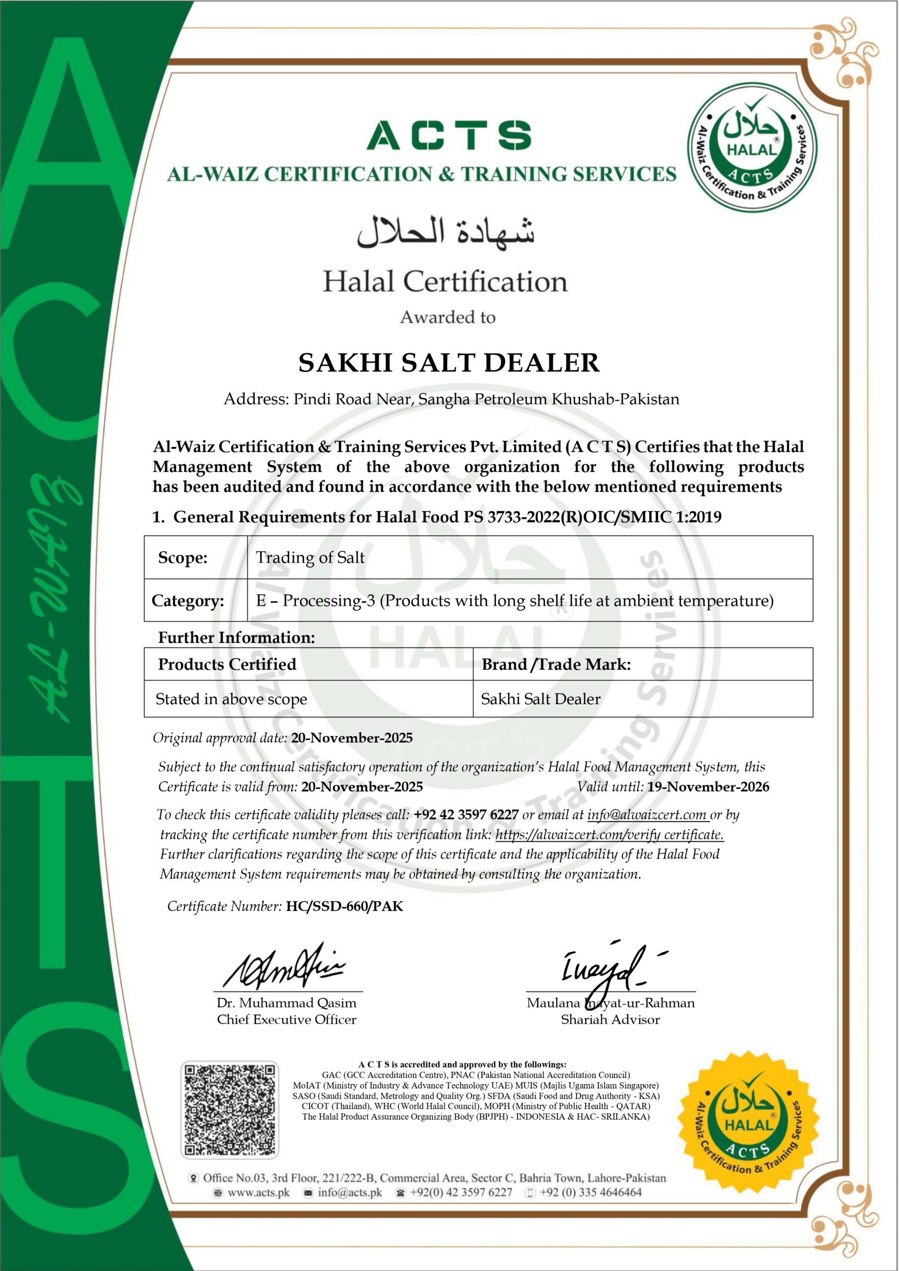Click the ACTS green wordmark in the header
[449, 136]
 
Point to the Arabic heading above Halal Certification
[446, 231]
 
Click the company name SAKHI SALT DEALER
[449, 363]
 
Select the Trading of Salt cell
[310, 558]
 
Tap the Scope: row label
[183, 558]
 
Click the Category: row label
[188, 601]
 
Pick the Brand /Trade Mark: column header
[556, 664]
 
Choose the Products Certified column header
[227, 664]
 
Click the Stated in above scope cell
[231, 699]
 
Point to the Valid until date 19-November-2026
[708, 786]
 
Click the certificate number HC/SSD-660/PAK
[345, 906]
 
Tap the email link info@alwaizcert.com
[647, 815]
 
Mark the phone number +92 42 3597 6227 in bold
[466, 815]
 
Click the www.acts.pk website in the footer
[258, 1193]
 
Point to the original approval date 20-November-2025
[352, 738]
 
